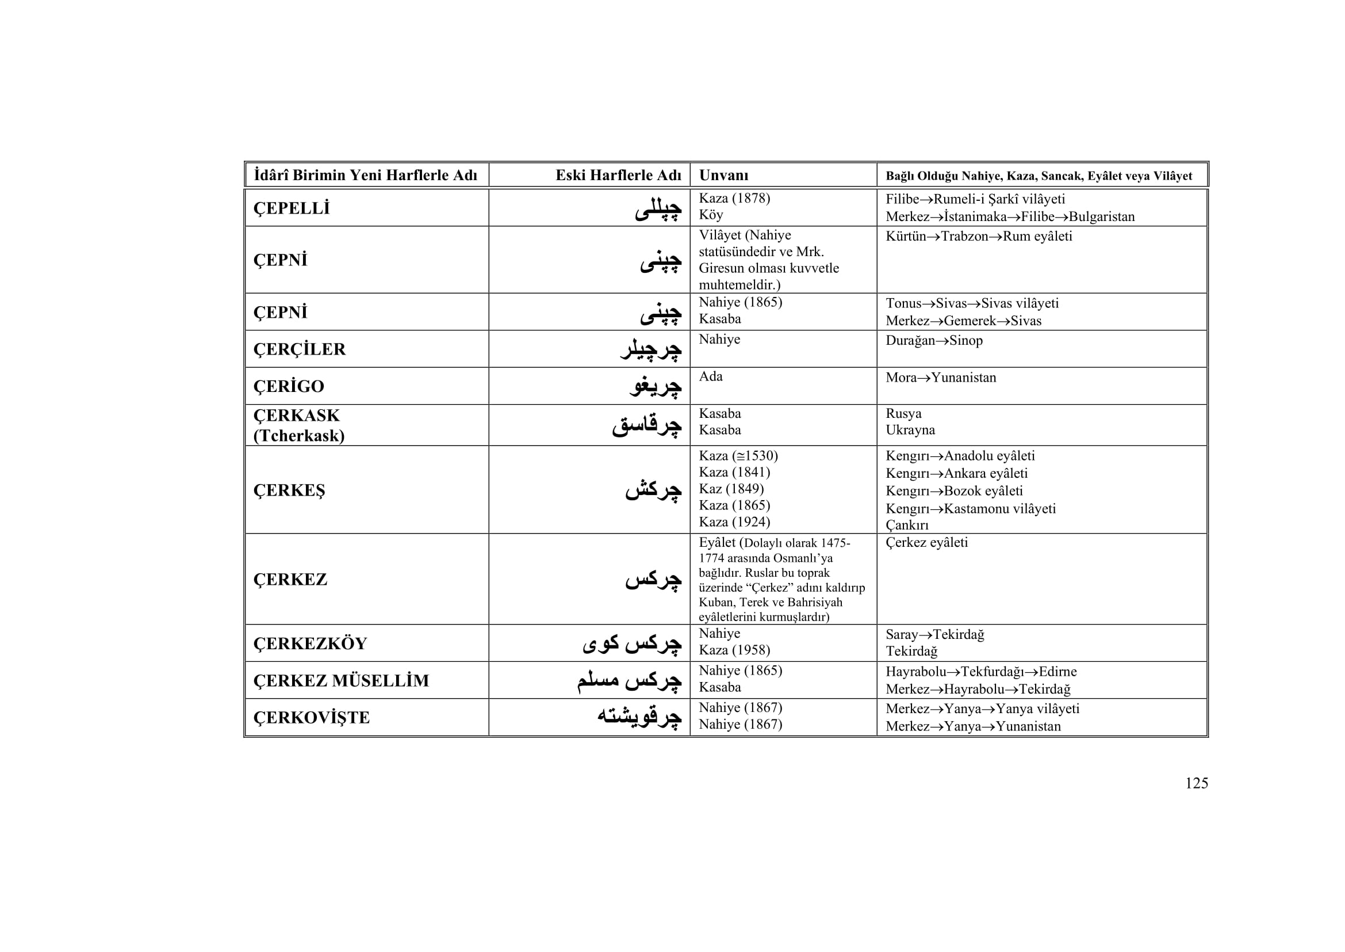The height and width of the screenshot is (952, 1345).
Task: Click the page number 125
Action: click(x=1196, y=783)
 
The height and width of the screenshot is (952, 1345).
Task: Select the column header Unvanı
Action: click(x=723, y=176)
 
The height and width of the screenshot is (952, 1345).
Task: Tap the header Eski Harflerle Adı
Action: click(x=618, y=176)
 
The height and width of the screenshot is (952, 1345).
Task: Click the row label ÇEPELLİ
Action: click(x=291, y=208)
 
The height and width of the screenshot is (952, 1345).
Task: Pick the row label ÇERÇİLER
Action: click(x=300, y=349)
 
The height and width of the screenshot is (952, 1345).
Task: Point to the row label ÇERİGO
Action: click(x=288, y=386)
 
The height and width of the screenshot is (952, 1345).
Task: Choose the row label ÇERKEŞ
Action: click(x=289, y=490)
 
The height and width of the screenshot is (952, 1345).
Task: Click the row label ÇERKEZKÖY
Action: click(x=310, y=643)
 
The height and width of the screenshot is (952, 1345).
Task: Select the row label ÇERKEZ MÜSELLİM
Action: click(x=341, y=680)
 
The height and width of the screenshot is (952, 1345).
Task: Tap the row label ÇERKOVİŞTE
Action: click(x=311, y=718)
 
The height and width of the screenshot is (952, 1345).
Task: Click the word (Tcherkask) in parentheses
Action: click(x=299, y=436)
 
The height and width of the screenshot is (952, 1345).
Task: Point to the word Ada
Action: click(x=711, y=376)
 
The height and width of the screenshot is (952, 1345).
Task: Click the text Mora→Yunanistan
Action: click(x=940, y=378)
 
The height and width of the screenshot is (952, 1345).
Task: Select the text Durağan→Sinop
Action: click(x=934, y=341)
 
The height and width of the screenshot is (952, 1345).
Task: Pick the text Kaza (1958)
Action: click(x=734, y=650)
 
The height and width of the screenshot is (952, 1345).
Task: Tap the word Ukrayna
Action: click(x=910, y=430)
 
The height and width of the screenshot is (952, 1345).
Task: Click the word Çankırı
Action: click(x=907, y=525)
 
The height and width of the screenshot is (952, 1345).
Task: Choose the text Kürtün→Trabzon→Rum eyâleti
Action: click(x=978, y=236)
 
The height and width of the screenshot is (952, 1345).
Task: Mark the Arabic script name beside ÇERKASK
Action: click(x=647, y=425)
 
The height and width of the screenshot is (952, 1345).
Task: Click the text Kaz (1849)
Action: click(x=731, y=489)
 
